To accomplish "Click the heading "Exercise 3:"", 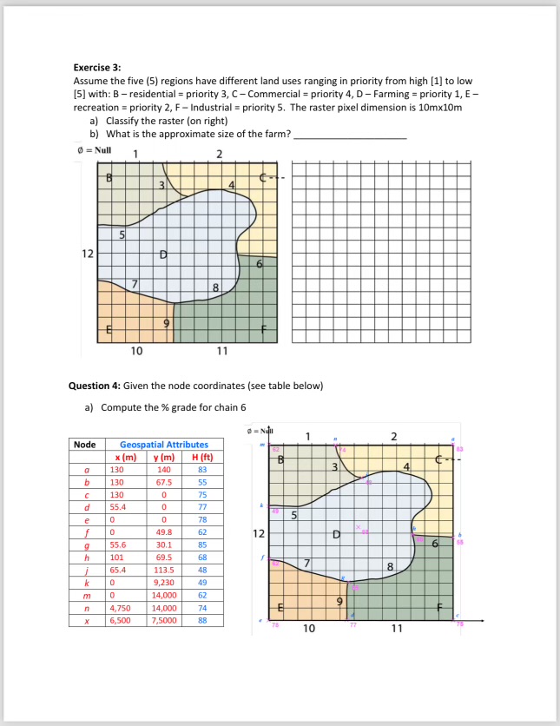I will click(x=96, y=67).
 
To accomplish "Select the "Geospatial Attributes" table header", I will click(x=163, y=445).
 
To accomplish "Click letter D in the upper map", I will click(x=162, y=254).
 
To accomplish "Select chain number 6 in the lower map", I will click(x=434, y=544).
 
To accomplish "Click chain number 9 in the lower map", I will click(x=340, y=601).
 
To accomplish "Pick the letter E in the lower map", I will click(x=280, y=608).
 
